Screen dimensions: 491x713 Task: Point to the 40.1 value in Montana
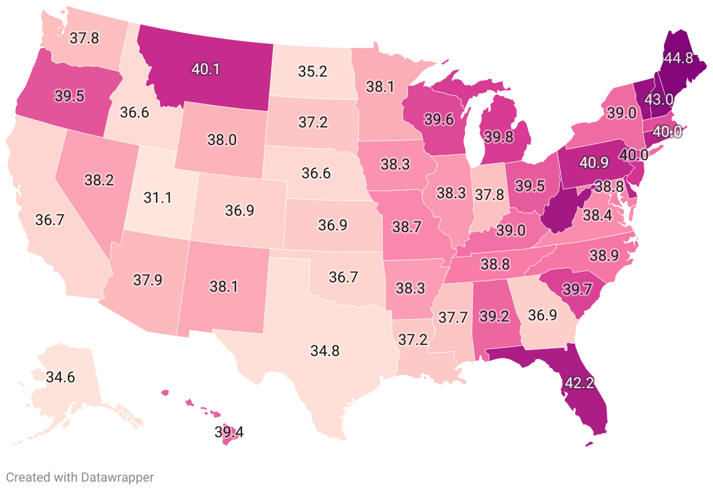pos(205,69)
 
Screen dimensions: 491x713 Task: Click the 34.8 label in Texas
pos(326,351)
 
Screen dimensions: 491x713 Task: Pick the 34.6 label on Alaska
pos(60,377)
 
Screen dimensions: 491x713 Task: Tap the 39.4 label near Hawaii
pos(229,433)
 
